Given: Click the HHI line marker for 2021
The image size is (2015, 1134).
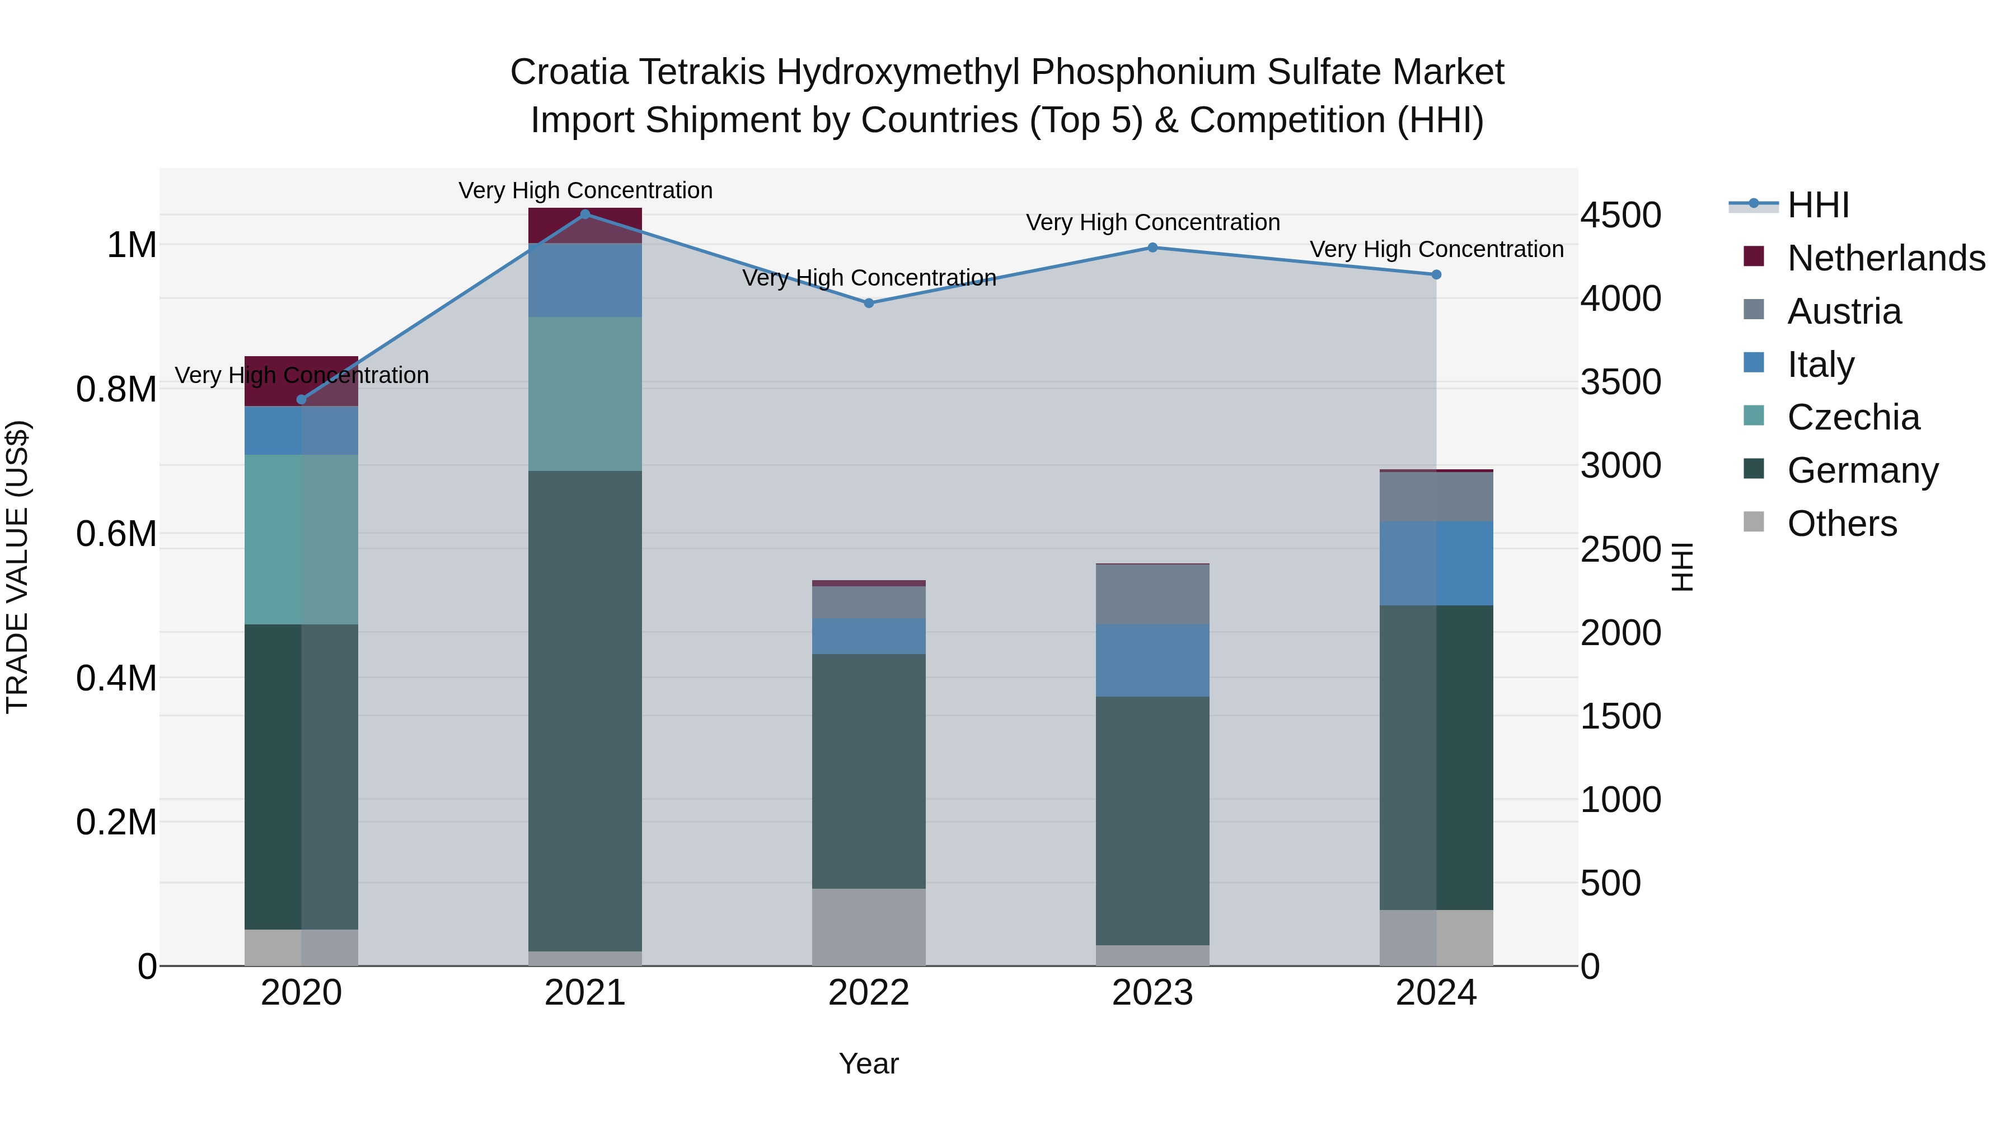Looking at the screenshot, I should click(585, 214).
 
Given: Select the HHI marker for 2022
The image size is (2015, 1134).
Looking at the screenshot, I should click(869, 303).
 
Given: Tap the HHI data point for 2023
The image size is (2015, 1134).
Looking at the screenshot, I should click(1152, 248).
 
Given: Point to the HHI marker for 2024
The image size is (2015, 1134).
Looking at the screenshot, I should click(1436, 275).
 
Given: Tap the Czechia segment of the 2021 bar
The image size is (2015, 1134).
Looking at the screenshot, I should click(585, 394).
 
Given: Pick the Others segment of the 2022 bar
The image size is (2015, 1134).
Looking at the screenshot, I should click(869, 927).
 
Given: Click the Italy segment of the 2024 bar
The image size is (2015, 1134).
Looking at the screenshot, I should click(1436, 563).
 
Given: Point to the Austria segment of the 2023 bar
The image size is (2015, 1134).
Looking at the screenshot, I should click(1152, 594).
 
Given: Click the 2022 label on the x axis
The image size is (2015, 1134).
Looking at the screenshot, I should click(869, 993).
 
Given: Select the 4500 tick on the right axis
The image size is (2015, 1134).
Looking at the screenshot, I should click(1621, 215).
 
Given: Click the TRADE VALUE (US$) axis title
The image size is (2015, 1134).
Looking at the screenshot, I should click(17, 567).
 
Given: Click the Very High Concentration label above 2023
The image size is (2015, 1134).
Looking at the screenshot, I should click(1152, 222).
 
